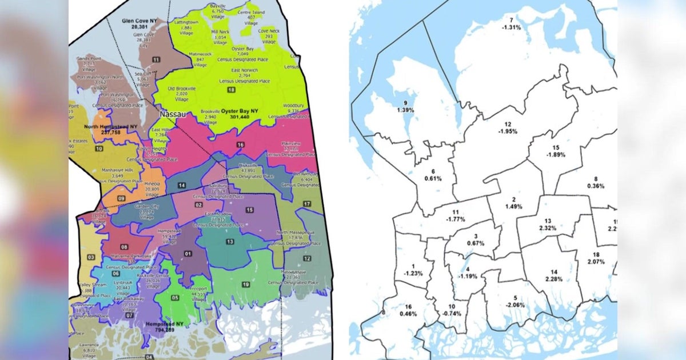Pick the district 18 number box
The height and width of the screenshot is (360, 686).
point(231,90)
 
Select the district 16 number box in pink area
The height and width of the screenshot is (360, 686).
point(240,146)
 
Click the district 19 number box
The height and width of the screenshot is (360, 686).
point(245,284)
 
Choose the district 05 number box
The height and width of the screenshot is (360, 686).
point(175,298)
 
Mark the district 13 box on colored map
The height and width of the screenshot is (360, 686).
point(229,242)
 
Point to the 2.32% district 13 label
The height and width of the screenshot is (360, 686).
point(547,225)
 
